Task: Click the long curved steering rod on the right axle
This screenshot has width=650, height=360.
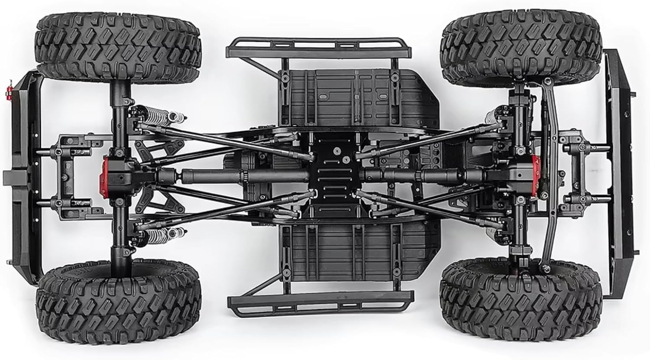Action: pos(552,173)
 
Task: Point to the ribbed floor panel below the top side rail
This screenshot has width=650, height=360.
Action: pos(355,95)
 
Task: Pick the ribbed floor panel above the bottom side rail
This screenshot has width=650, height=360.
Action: pos(355,251)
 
